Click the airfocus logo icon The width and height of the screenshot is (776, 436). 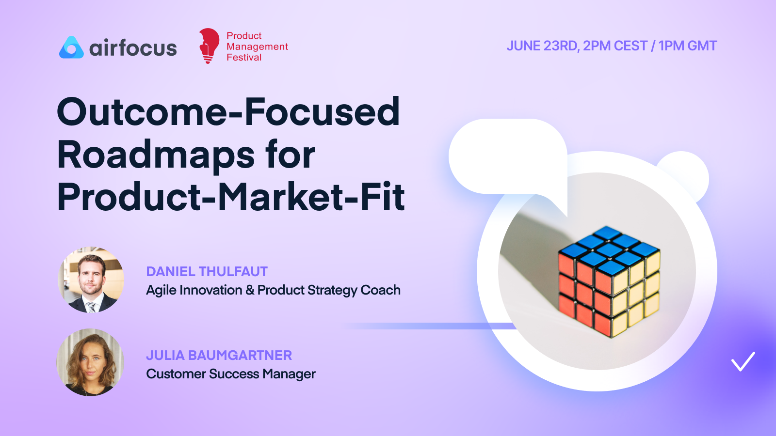click(71, 47)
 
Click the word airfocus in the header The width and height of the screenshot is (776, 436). click(133, 48)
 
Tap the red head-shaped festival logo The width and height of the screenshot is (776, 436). click(209, 46)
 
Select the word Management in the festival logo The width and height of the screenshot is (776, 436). click(257, 47)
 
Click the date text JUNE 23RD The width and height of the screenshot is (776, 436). click(542, 46)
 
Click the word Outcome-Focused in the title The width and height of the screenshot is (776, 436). click(228, 112)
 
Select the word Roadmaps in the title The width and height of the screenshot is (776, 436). click(156, 155)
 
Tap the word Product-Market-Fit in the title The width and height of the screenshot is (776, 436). click(231, 197)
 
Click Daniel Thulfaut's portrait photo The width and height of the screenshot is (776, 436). click(91, 280)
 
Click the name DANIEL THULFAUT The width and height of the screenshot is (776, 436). click(207, 272)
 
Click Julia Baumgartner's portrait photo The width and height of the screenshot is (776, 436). click(90, 362)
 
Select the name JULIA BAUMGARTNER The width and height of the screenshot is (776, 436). click(219, 356)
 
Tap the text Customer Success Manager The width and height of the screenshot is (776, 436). click(231, 374)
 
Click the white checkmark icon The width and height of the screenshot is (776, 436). click(743, 361)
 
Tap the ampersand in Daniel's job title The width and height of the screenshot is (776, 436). click(250, 290)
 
